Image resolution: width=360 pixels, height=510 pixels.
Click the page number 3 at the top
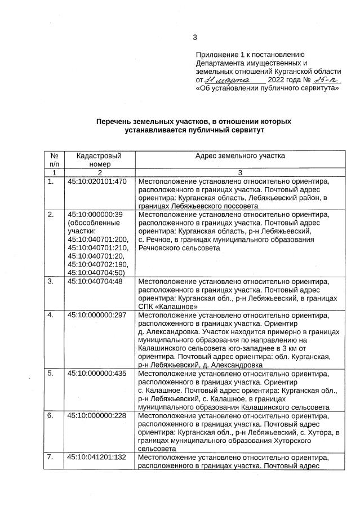tap(195, 38)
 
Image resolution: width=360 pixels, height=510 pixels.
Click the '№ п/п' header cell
tap(54, 159)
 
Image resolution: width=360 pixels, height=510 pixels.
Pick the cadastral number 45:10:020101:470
tap(97, 182)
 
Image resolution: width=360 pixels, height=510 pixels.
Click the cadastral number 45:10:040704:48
tap(95, 281)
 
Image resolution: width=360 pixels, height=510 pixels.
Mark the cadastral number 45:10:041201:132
tap(97, 457)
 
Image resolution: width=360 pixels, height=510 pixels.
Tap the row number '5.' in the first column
tap(51, 374)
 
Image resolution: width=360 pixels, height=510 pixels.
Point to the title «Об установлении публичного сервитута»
tap(267, 88)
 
